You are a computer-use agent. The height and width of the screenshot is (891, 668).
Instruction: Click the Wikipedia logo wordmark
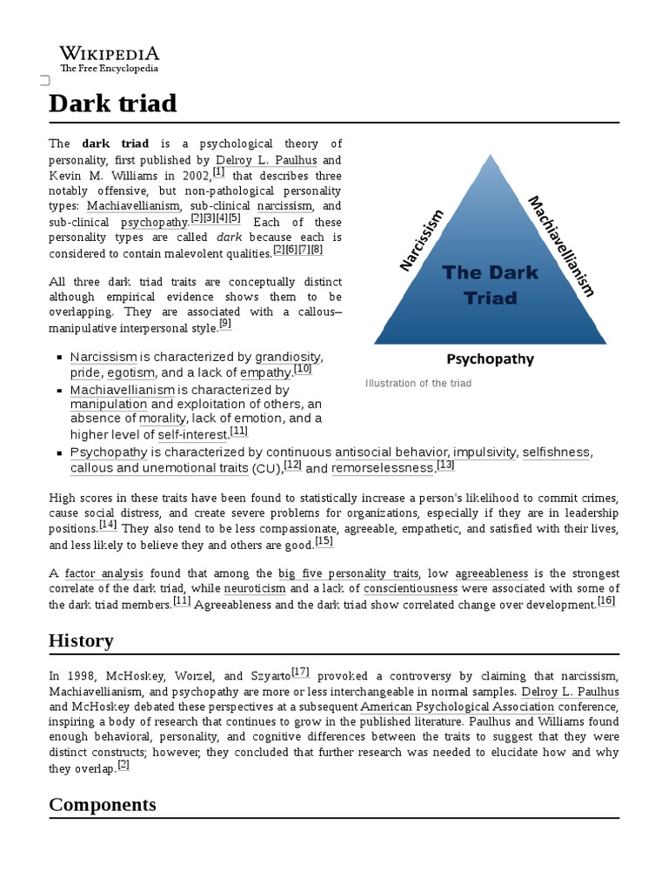[x=109, y=53]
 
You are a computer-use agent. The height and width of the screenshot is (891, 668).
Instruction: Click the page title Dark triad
[x=112, y=104]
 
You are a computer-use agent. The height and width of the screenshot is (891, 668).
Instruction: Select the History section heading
[x=81, y=641]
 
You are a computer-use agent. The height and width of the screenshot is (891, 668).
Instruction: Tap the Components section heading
[x=103, y=804]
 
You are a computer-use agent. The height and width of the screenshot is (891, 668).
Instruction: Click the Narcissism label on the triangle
[x=422, y=240]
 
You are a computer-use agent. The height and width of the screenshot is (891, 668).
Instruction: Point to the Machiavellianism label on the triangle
[x=562, y=245]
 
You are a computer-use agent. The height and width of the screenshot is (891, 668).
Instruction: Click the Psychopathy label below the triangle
[x=490, y=358]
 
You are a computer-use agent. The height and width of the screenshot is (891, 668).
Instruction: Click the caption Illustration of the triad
[x=418, y=384]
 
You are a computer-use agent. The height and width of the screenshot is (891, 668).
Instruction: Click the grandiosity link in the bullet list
[x=288, y=357]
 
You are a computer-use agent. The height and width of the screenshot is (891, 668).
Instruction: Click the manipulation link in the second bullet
[x=109, y=405]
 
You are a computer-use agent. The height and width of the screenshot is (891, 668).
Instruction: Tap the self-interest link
[x=192, y=434]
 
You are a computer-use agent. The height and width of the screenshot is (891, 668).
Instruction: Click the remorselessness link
[x=382, y=468]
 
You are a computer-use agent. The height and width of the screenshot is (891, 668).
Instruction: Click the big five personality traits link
[x=348, y=573]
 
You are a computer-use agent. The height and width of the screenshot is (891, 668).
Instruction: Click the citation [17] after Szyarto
[x=300, y=672]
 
